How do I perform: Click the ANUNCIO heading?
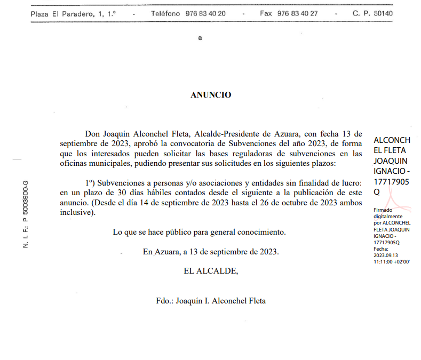[x=211, y=95]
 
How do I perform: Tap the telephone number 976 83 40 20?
[x=205, y=13]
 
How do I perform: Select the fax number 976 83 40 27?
[x=297, y=13]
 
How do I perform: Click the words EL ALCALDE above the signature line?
[x=211, y=271]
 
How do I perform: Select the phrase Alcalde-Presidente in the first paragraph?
[x=228, y=133]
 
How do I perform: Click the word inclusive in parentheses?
[x=75, y=213]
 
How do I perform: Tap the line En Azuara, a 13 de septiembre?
[x=211, y=252]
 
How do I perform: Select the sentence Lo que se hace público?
[x=200, y=232]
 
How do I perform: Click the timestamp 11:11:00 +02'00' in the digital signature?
[x=392, y=262]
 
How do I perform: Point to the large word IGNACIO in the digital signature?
[x=390, y=171]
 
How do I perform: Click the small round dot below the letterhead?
[x=200, y=38]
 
